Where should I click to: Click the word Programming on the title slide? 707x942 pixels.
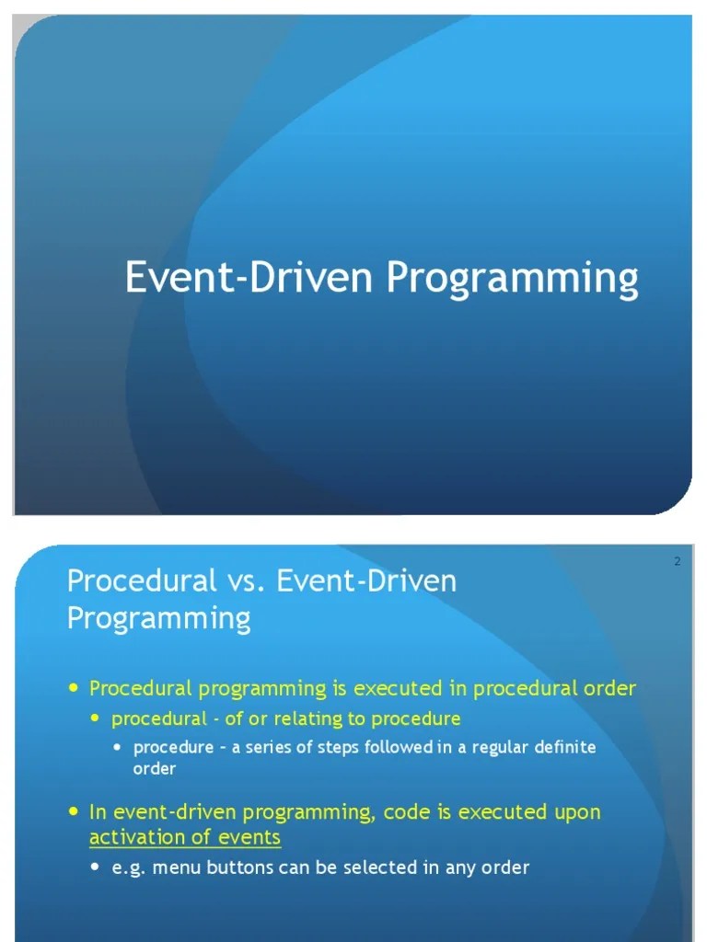(x=512, y=279)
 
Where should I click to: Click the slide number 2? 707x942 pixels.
(x=677, y=562)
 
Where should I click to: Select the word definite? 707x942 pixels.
(x=561, y=748)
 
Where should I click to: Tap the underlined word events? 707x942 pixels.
(x=249, y=837)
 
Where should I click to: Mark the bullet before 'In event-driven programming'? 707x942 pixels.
(x=75, y=812)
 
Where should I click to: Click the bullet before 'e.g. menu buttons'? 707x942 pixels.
(x=98, y=867)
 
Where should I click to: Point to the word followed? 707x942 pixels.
(x=399, y=748)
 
